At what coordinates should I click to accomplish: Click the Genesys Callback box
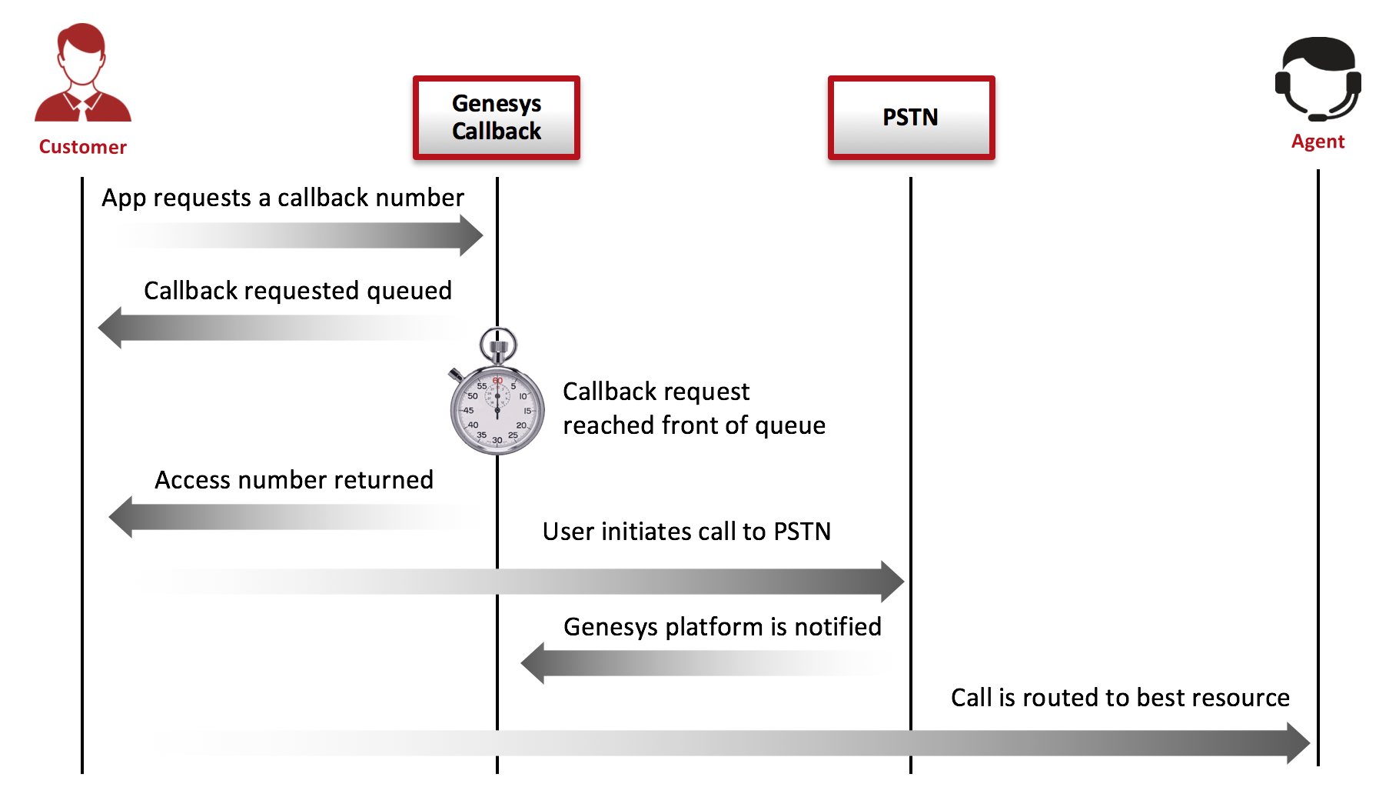point(497,118)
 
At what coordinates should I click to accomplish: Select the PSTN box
point(911,118)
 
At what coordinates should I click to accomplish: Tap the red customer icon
point(83,73)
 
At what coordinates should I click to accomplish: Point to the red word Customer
point(83,147)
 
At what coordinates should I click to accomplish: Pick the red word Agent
point(1318,142)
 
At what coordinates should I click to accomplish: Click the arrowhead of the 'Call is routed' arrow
point(1298,743)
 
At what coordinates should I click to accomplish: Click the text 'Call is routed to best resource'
point(1120,698)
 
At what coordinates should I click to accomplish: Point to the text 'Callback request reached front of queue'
point(694,409)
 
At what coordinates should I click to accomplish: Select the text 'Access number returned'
point(294,480)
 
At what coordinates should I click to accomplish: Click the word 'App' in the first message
point(124,198)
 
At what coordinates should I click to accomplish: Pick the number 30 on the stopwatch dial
point(497,440)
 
